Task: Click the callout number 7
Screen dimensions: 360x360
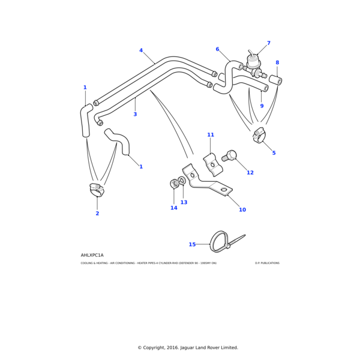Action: click(x=268, y=43)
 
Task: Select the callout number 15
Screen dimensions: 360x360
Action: click(x=192, y=244)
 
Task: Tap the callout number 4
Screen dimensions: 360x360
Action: click(x=141, y=50)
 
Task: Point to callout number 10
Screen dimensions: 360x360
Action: click(x=242, y=209)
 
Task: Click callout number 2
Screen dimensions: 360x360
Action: click(x=97, y=213)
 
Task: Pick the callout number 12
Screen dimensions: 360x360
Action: click(x=250, y=172)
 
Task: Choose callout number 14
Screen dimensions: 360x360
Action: click(x=173, y=208)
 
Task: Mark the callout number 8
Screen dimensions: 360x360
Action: click(x=277, y=62)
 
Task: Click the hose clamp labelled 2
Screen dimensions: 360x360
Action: click(x=96, y=190)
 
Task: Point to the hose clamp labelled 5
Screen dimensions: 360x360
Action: click(x=260, y=137)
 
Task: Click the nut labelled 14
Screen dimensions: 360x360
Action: click(x=175, y=183)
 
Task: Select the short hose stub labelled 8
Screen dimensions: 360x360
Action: click(x=275, y=79)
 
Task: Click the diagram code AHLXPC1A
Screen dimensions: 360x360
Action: click(x=92, y=255)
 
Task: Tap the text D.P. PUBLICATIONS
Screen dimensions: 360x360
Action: click(x=266, y=263)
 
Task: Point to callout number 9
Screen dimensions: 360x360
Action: click(x=262, y=106)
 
